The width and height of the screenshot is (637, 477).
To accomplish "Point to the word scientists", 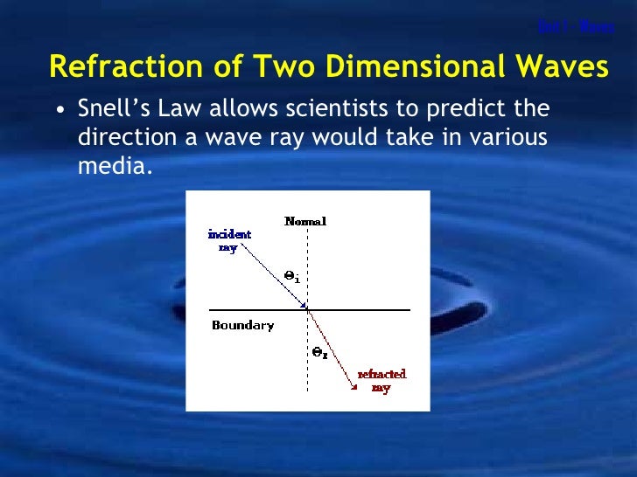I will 332,109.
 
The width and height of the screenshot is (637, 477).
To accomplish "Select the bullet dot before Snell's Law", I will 59,110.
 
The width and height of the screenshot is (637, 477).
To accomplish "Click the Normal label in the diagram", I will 305,221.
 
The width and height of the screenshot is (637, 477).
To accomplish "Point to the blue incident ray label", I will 229,240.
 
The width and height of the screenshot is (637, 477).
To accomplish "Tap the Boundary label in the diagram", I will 242,326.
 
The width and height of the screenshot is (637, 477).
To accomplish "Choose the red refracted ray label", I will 381,381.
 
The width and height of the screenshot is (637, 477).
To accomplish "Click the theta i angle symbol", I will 291,276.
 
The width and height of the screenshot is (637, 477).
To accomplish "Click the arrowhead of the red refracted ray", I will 353,385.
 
